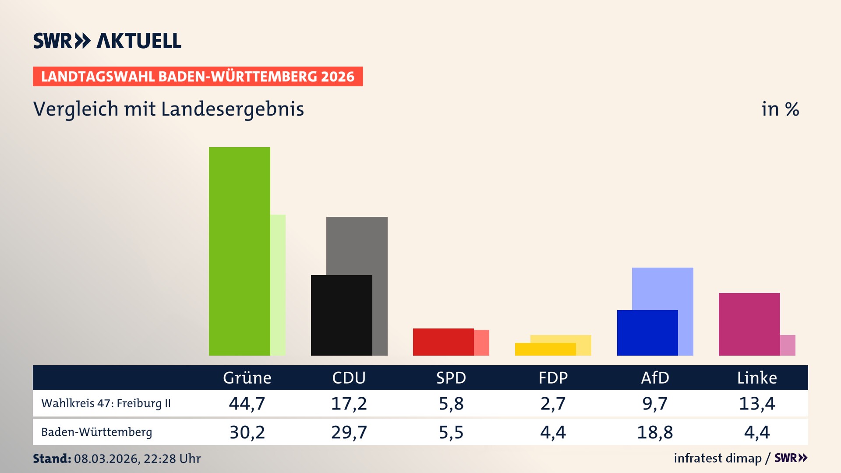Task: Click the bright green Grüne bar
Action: (x=239, y=251)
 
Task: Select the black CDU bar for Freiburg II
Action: (x=341, y=315)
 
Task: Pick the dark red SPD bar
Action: (x=443, y=342)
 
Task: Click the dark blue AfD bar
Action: (x=647, y=332)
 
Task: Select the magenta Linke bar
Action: (x=749, y=324)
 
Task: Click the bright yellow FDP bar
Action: (x=545, y=349)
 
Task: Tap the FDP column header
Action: (x=553, y=378)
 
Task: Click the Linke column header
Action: (x=756, y=378)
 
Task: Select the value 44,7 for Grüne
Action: (x=247, y=403)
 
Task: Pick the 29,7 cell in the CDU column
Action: (x=349, y=432)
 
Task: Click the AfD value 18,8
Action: (x=654, y=432)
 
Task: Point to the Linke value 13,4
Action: (x=756, y=403)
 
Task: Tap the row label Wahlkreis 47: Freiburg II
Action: (x=106, y=403)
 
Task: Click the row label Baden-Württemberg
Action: (x=96, y=432)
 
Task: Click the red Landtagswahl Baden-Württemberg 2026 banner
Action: (x=198, y=76)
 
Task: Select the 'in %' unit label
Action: (x=780, y=109)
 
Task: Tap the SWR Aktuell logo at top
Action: (x=107, y=41)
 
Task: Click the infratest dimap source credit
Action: (x=717, y=458)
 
